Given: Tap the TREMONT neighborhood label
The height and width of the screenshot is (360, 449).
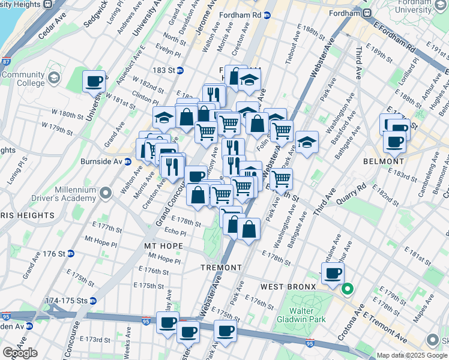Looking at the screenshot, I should (x=221, y=268).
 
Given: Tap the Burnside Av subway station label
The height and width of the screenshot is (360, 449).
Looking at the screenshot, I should (x=111, y=161).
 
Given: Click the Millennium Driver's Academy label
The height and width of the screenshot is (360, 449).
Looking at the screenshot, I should (x=76, y=194).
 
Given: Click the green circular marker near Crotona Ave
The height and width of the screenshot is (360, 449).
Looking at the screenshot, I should (x=347, y=289).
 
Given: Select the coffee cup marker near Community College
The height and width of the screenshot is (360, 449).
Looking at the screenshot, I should (x=94, y=81).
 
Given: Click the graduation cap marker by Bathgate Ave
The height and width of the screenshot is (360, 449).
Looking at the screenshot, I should (x=307, y=142).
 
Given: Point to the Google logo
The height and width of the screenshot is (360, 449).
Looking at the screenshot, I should (x=20, y=353).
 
